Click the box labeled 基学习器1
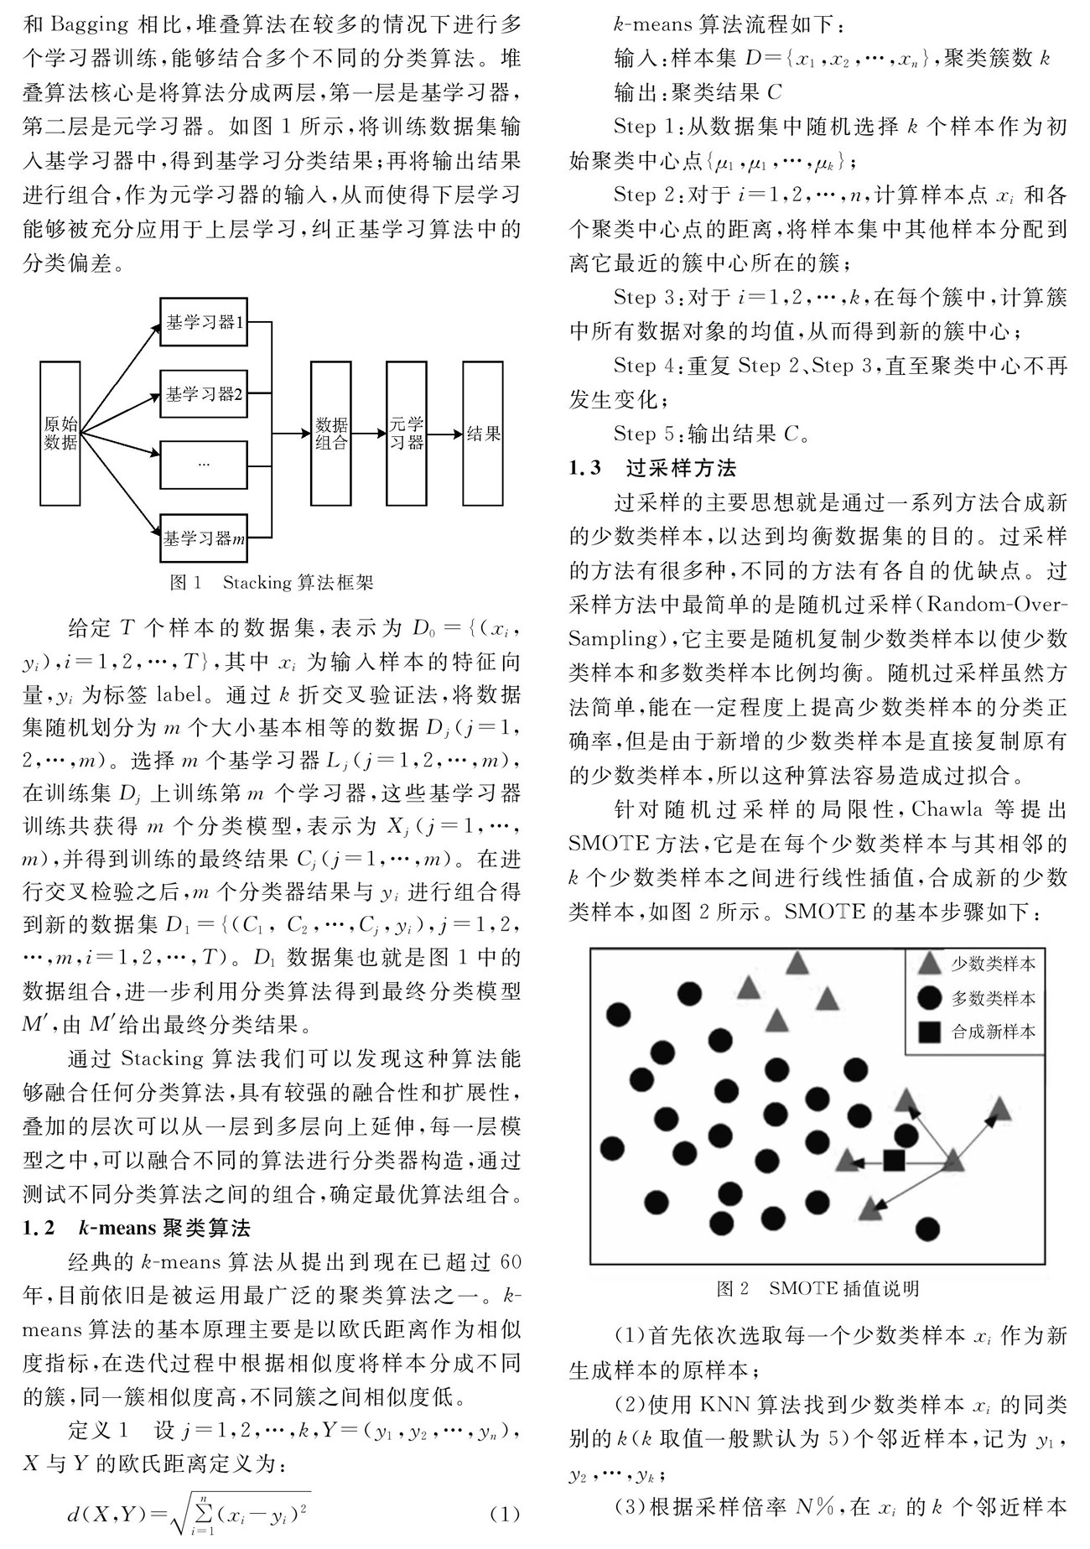204,322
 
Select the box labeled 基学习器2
204,393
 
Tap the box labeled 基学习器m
204,538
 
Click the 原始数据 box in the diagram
60,433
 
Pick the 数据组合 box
331,433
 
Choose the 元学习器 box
407,433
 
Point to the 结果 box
483,433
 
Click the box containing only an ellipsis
204,464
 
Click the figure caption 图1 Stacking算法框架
272,582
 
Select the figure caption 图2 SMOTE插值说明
817,1288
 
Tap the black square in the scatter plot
895,1161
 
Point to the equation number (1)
504,1515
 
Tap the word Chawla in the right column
943,809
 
